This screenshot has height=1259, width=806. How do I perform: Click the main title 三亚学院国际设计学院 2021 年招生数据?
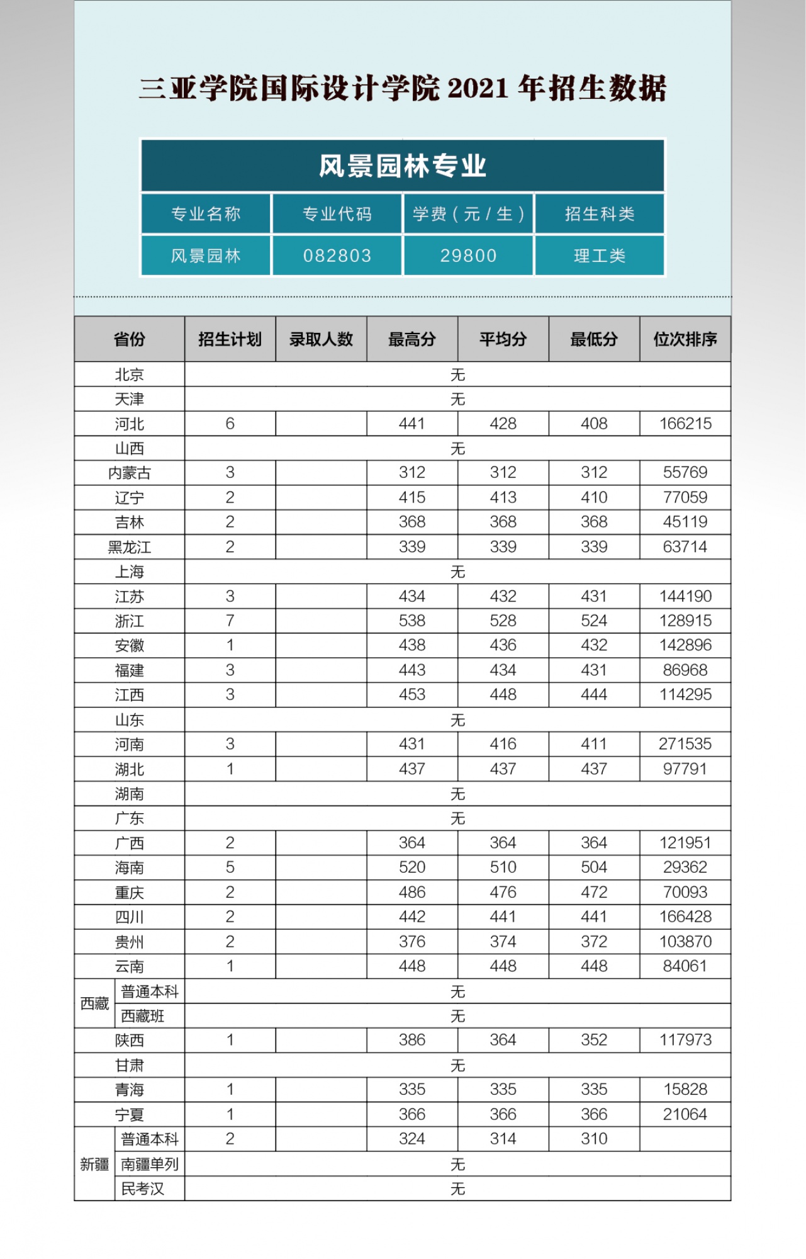(403, 88)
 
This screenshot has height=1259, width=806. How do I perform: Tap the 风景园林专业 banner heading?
(403, 166)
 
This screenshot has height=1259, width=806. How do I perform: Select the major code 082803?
(337, 256)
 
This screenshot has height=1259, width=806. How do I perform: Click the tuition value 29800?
(468, 256)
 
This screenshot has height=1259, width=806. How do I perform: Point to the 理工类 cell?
(600, 256)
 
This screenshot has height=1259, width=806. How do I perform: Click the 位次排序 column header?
(685, 339)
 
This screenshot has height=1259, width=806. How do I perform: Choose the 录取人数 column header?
(321, 339)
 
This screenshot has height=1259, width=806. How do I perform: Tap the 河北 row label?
(130, 424)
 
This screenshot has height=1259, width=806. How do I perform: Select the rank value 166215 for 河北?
(685, 424)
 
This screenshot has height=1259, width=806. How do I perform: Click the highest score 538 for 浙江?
(412, 621)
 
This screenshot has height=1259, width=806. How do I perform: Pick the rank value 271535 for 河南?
(685, 744)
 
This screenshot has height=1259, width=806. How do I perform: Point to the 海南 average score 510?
(503, 867)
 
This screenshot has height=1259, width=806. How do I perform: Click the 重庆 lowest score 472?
(594, 892)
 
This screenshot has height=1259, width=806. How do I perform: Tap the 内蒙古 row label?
(130, 473)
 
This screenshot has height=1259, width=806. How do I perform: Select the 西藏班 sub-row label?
(143, 1016)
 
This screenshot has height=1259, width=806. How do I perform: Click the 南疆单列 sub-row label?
(150, 1164)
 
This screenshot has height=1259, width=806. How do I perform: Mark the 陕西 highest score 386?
(412, 1040)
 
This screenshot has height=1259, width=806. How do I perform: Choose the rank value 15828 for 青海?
(685, 1090)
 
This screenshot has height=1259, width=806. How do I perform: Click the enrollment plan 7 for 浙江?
(230, 621)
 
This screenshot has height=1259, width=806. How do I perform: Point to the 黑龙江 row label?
(130, 547)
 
